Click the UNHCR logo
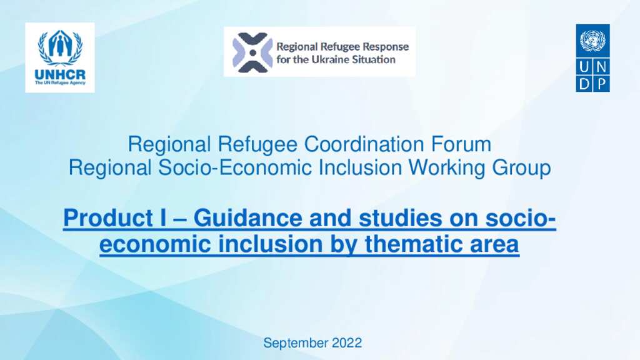point(60,57)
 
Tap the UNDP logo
point(592,58)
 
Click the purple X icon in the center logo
point(252,52)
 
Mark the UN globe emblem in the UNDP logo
point(592,41)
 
